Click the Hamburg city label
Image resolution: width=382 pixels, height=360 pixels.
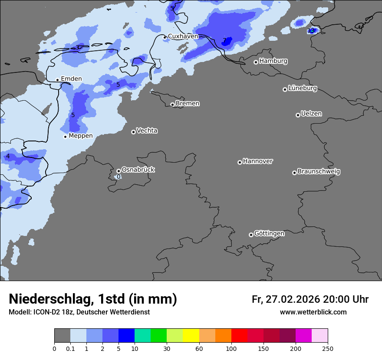point(273,61)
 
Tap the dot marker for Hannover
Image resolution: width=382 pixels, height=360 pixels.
point(240,162)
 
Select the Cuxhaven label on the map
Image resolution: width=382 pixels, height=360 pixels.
point(183,36)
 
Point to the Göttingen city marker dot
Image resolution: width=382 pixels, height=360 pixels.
point(251,235)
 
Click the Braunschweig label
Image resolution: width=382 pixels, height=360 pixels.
point(319,172)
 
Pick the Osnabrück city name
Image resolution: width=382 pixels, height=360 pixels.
point(138,170)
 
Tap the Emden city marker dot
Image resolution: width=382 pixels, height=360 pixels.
point(57,80)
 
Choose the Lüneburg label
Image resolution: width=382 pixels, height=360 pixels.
point(303,88)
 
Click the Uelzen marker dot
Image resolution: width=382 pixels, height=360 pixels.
point(298,115)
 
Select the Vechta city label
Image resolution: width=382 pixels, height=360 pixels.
point(147,131)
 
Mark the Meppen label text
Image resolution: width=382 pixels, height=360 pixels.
point(81,136)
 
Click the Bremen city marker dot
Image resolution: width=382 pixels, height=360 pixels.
point(172,105)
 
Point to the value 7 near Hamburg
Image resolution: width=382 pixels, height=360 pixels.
point(224,41)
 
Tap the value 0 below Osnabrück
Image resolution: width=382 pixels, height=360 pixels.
point(119,177)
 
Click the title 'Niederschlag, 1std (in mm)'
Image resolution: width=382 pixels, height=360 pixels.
point(93,299)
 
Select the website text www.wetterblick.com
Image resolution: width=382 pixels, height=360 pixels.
point(313,312)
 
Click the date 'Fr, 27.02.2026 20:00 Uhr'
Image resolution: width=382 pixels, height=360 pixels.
point(310,299)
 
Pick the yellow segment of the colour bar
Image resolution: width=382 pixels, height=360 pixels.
point(191,336)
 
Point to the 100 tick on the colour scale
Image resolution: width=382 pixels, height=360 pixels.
point(231,348)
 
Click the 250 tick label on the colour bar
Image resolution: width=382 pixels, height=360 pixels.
point(327,348)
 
